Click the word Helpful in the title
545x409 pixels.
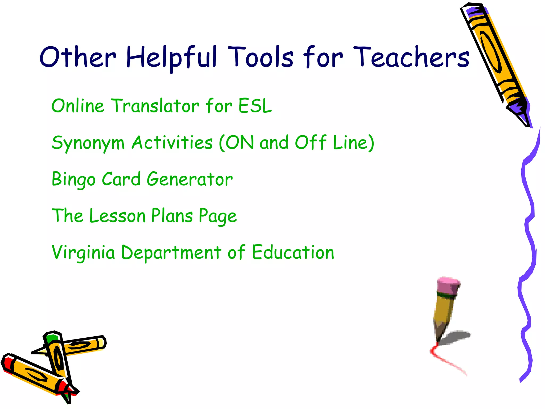pos(172,57)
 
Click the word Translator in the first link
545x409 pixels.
pos(156,106)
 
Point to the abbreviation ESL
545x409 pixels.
pos(255,106)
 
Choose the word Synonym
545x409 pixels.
pos(88,143)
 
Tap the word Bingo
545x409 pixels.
pos(73,179)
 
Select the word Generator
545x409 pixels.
pos(190,179)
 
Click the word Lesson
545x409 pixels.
pos(117,216)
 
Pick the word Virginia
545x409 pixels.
pos(83,252)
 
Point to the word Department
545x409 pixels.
pos(171,252)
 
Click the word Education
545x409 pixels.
pos(293,252)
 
